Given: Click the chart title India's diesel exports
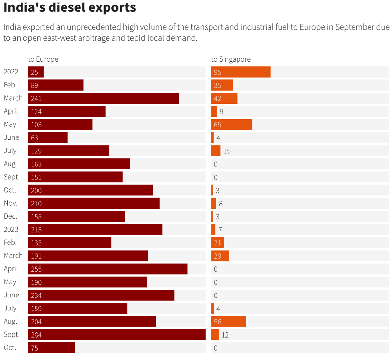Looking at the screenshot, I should coord(69,7).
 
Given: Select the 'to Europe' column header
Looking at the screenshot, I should coord(43,59).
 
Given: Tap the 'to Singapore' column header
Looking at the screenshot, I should coord(231,59).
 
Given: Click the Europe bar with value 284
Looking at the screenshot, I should coord(117,335).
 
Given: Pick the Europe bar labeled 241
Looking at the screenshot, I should coord(103,98).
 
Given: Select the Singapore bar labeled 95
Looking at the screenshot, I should coord(241,72).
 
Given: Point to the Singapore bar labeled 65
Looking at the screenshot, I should coord(231,124).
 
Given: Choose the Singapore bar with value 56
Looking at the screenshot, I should coord(228,322).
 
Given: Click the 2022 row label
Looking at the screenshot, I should coord(11,72).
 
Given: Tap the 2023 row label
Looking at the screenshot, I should coord(11,229).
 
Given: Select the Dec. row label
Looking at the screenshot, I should coord(10,216).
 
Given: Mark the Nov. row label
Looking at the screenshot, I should coord(10,203).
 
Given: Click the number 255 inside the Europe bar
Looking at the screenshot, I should coord(36,269).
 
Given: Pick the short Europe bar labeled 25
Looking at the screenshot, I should coord(36,72).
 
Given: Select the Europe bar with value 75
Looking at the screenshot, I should coord(51,348).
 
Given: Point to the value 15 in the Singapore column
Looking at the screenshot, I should coord(227,151).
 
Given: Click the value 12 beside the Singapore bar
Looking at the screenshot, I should coord(225,335).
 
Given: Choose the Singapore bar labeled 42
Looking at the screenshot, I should coord(224,98).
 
